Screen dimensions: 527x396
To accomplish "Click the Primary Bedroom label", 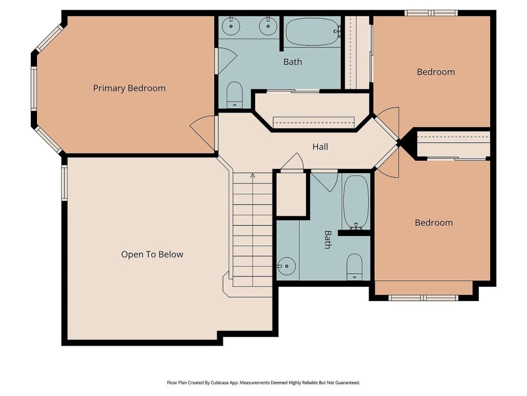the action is [129, 88].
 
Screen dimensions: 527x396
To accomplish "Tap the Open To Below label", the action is [152, 254].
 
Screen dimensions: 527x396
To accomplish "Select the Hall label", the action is [320, 146].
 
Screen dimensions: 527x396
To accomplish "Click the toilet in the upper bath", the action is [235, 95].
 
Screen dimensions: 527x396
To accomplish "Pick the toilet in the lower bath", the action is [354, 267].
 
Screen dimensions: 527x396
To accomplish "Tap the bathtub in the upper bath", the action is [312, 31].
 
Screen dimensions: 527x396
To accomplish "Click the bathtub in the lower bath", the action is [356, 202].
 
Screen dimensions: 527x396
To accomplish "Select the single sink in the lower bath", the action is [286, 266].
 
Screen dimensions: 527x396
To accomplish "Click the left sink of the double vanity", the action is [231, 26].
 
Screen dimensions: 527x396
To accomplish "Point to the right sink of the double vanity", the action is [268, 26].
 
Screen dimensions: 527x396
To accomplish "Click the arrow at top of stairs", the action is [252, 175].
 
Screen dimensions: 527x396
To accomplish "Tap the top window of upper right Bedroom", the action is [431, 13].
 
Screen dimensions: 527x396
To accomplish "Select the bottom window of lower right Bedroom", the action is [424, 298].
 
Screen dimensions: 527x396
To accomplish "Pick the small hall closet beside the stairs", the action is [291, 194].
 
